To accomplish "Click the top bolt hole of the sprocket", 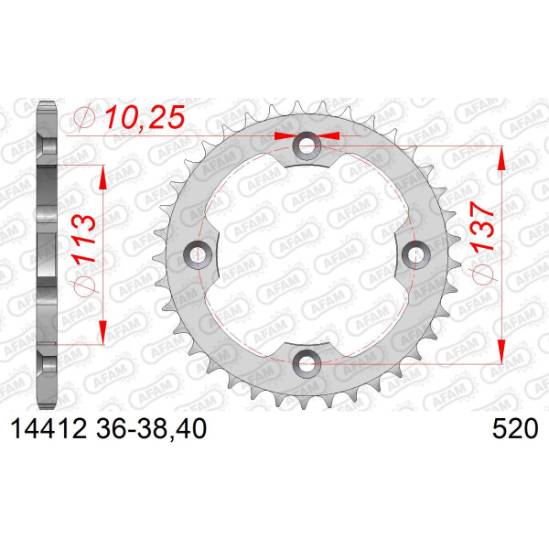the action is coord(307,145).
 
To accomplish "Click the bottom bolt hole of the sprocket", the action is coord(307,363).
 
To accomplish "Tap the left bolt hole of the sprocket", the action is coord(198,254).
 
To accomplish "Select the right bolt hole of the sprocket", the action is coord(415,254).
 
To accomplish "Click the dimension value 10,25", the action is coord(145,117).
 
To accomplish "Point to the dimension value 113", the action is coord(84,239).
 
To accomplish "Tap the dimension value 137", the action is coord(482,227).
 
